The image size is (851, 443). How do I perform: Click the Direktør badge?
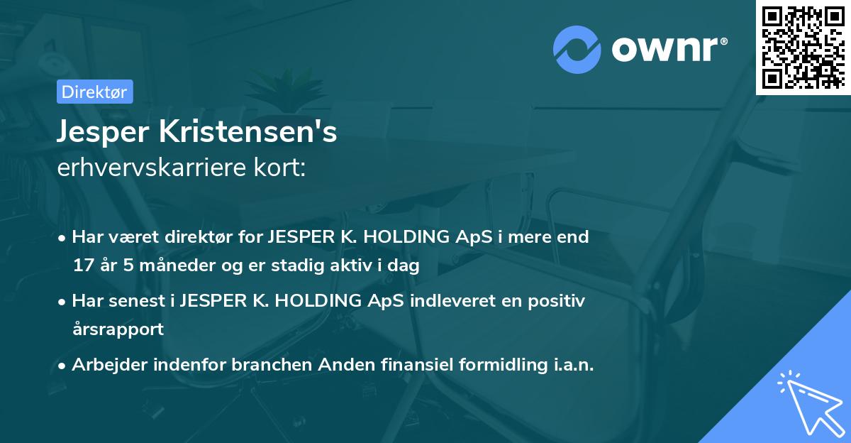(94, 92)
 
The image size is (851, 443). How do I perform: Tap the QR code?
(803, 48)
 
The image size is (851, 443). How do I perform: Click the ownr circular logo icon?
(576, 49)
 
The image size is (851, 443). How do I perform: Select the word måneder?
(152, 266)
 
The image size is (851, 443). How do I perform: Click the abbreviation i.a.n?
(572, 365)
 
